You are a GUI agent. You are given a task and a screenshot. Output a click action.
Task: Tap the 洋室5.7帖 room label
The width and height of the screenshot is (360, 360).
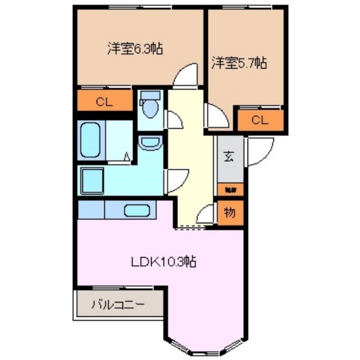(x=239, y=63)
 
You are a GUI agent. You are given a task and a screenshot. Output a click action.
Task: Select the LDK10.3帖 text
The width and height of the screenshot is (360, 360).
(x=163, y=262)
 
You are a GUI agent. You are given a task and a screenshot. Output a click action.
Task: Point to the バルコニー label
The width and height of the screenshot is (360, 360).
(x=118, y=305)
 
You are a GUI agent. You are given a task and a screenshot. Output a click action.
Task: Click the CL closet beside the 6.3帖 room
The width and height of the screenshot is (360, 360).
(x=104, y=101)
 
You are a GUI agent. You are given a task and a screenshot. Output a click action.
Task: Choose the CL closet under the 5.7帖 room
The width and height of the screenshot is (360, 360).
(x=260, y=120)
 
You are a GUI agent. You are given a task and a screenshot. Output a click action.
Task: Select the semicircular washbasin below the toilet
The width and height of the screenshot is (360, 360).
(x=150, y=143)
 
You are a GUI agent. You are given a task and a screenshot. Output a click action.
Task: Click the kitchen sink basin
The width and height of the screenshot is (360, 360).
(x=138, y=210)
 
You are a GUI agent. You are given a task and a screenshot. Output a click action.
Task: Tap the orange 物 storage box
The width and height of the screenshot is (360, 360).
(x=230, y=213)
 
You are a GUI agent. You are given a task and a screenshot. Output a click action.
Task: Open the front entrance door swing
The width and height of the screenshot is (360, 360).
(x=260, y=152)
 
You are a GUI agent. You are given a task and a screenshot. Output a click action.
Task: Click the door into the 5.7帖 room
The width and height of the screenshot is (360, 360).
(x=216, y=117)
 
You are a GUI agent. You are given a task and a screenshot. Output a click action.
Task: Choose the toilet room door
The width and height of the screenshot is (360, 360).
(x=174, y=119)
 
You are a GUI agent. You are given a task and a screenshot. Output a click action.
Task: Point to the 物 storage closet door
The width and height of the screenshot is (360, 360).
(x=207, y=214)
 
